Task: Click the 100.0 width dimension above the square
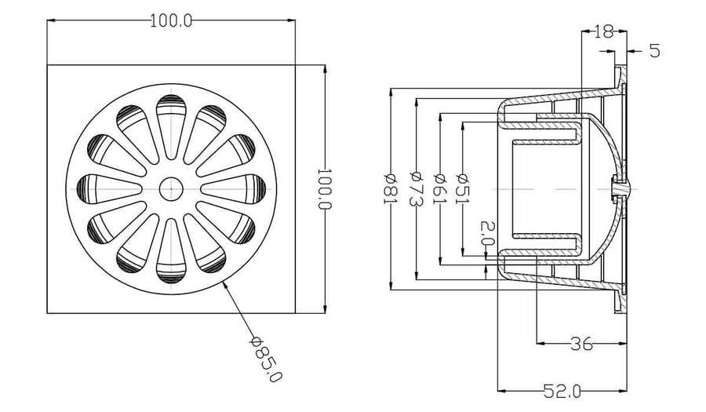tap(171, 20)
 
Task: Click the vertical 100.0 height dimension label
tap(325, 188)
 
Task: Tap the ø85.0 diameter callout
tap(266, 359)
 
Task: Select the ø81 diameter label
tap(390, 188)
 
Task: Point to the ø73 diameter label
tap(416, 188)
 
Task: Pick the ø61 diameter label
tap(440, 188)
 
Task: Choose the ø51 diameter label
tap(463, 188)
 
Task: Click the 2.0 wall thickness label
tap(486, 233)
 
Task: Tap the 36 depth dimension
tap(581, 344)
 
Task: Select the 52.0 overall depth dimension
tap(562, 392)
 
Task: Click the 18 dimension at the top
tap(604, 31)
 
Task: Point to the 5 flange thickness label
tap(655, 51)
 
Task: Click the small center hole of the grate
tap(171, 188)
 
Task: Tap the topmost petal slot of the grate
tap(171, 126)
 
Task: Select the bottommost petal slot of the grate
tap(171, 251)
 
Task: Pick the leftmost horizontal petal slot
tap(109, 188)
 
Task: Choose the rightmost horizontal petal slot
tap(233, 188)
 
